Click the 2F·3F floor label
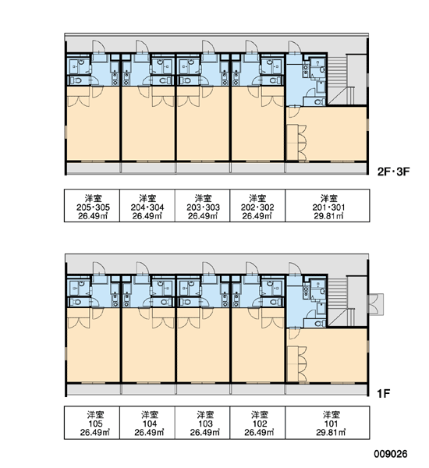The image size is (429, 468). [393, 172]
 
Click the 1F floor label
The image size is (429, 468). [384, 394]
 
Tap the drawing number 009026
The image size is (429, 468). [391, 454]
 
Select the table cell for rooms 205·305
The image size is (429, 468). [92, 205]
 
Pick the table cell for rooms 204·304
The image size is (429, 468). [147, 205]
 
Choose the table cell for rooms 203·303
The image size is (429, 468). [202, 205]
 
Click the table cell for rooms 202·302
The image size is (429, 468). [257, 205]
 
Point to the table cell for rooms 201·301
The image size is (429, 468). [328, 205]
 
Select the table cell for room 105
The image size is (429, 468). [92, 422]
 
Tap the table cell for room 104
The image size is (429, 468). [147, 422]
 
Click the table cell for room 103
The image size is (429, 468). [202, 422]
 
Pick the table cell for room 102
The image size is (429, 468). [257, 422]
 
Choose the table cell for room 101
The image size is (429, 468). [328, 422]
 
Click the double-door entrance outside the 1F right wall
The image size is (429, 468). [375, 304]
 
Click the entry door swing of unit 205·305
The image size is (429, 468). [98, 47]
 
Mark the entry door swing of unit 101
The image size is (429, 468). [296, 268]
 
